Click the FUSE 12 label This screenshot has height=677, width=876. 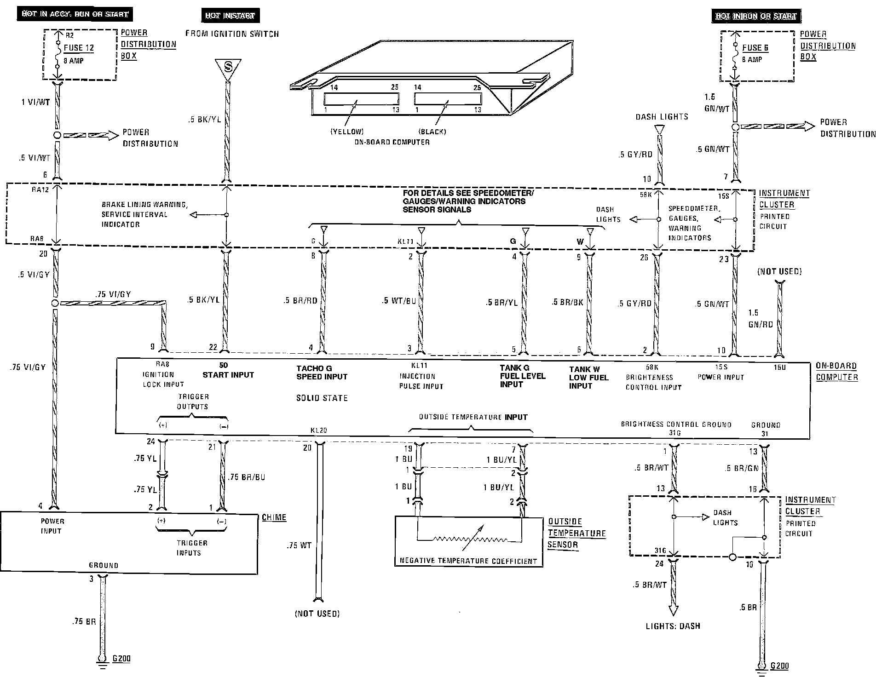(x=79, y=47)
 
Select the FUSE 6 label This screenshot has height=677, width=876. (x=755, y=48)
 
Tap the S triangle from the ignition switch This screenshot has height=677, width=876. (x=227, y=67)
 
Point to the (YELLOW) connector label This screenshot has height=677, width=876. (x=347, y=132)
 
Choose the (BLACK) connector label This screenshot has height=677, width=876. (x=432, y=132)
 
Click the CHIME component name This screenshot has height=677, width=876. (x=274, y=517)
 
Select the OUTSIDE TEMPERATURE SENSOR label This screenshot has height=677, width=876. (x=576, y=533)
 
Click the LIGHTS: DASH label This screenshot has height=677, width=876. (x=673, y=626)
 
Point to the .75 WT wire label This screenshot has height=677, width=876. (x=299, y=545)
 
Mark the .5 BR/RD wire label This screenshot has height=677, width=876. (x=300, y=301)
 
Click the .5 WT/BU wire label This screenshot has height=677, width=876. (x=398, y=301)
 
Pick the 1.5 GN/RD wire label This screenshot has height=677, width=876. (x=760, y=318)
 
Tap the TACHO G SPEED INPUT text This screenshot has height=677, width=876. (x=322, y=373)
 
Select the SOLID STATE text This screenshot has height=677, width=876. (x=322, y=398)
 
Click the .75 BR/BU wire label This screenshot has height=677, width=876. (x=247, y=477)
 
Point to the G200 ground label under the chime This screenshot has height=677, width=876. (x=121, y=659)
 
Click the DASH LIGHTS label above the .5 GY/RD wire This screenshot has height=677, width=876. (x=662, y=117)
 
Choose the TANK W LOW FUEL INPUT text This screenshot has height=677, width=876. (x=588, y=378)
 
